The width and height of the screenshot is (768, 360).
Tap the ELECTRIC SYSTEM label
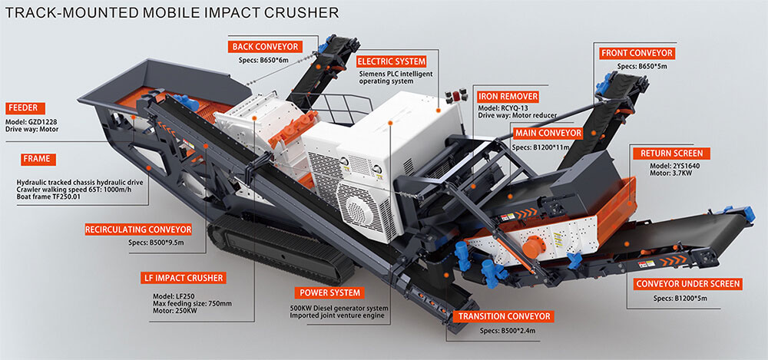(x=392, y=61)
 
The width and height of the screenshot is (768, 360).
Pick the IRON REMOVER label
(x=508, y=96)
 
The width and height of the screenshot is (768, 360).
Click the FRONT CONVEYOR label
(x=637, y=53)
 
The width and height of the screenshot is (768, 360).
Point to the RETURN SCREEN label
(x=667, y=153)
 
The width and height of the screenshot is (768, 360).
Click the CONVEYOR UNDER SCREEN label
(x=688, y=284)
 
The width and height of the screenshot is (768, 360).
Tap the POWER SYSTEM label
(x=329, y=293)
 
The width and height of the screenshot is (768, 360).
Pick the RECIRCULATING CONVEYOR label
(x=138, y=230)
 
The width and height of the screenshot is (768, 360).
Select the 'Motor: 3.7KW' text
(x=654, y=175)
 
